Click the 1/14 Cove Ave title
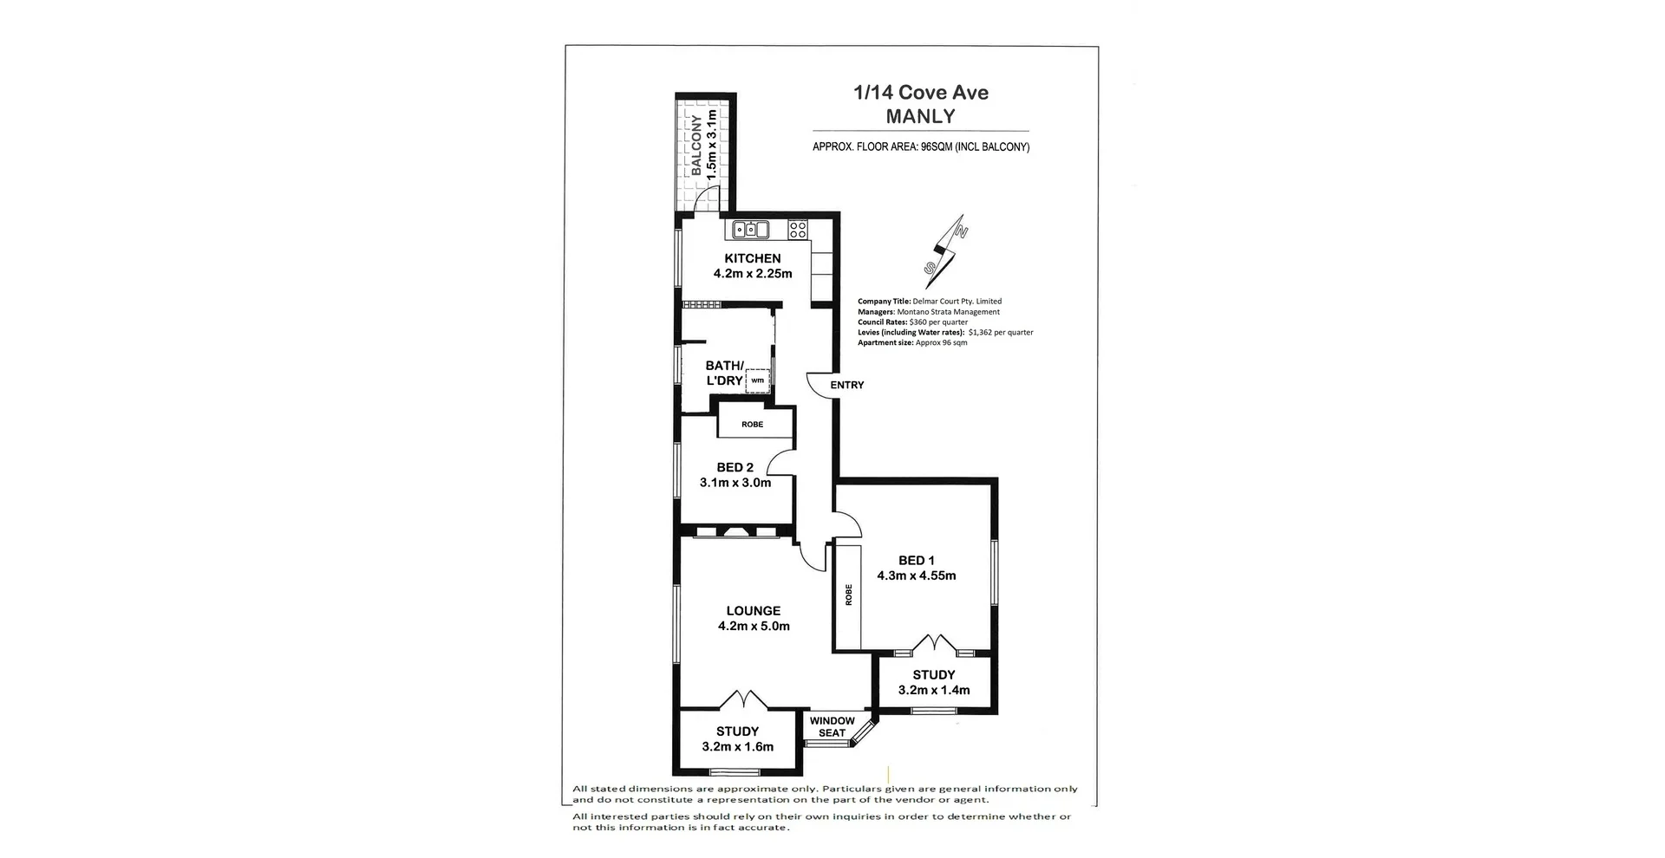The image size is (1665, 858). tap(921, 93)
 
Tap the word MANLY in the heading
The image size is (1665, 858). tap(921, 116)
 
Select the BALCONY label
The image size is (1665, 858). tap(696, 146)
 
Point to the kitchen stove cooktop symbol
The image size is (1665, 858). tap(798, 230)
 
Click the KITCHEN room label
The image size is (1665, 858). tap(753, 258)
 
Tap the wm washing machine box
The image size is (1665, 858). tap(758, 380)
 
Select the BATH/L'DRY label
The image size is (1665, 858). tap(724, 373)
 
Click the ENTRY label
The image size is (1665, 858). tap(846, 385)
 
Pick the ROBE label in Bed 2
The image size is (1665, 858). tap(753, 425)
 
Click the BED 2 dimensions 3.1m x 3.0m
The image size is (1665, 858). tap(735, 483)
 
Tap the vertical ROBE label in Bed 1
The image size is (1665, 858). tap(849, 595)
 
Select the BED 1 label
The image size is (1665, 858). tap(916, 561)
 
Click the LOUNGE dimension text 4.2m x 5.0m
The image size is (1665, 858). tap(754, 626)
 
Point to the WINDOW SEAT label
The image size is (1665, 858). tap(832, 726)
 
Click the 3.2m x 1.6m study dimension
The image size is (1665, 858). tap(737, 746)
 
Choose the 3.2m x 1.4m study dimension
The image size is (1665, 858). tap(934, 690)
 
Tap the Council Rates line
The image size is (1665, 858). tap(912, 322)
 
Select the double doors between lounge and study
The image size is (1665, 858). tap(743, 699)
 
